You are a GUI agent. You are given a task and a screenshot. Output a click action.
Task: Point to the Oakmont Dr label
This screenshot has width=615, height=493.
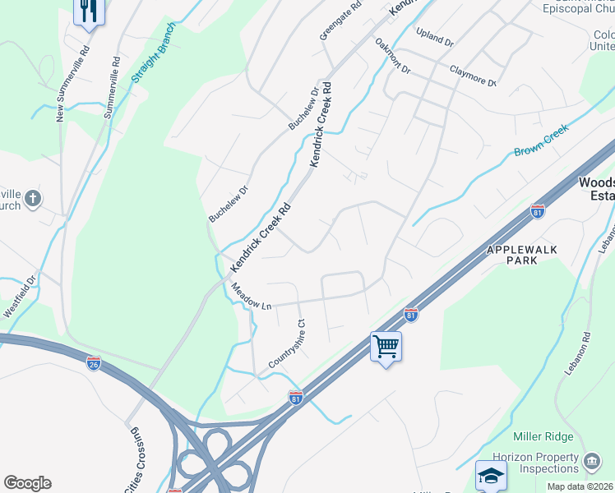[x=392, y=56]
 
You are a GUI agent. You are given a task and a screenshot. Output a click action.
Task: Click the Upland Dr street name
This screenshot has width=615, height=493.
[x=435, y=37]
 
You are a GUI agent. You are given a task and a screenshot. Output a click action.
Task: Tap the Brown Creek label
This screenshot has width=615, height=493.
[x=541, y=140]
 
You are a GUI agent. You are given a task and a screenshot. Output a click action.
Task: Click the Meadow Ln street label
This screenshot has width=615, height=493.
[x=251, y=296]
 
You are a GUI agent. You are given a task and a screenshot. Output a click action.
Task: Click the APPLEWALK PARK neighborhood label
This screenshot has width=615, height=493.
[x=524, y=254]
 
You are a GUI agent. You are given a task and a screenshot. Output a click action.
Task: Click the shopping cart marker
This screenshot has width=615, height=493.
[x=386, y=347]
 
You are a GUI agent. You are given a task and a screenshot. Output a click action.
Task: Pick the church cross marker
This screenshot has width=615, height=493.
[x=32, y=198]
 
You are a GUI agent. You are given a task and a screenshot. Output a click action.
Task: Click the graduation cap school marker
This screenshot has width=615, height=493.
[x=491, y=475]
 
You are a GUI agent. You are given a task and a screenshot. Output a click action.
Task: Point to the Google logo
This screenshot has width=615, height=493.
[x=27, y=483]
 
